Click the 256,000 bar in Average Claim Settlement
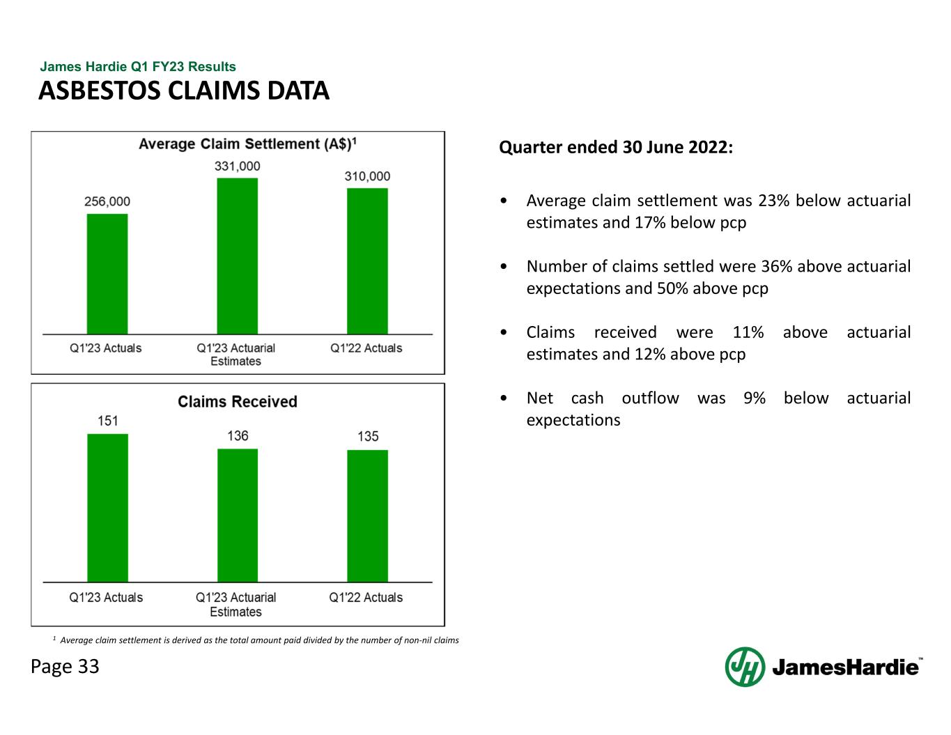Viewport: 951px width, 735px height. [x=107, y=274]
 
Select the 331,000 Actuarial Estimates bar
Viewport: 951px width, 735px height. [x=237, y=256]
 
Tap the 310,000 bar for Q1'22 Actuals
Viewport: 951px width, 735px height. [x=367, y=261]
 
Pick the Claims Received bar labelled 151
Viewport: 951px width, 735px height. [x=107, y=508]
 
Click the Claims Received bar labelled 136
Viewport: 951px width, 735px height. [x=237, y=516]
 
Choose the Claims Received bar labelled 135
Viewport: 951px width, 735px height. [x=367, y=516]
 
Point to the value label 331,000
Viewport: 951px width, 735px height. [x=237, y=167]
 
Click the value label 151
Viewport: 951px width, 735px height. [x=107, y=421]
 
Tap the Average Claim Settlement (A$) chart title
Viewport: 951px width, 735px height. [x=247, y=144]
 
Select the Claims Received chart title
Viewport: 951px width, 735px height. [x=237, y=401]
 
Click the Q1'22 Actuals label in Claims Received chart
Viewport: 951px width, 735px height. [x=366, y=598]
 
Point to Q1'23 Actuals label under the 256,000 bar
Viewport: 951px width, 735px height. [x=106, y=348]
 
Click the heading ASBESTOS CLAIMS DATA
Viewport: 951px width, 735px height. [x=184, y=91]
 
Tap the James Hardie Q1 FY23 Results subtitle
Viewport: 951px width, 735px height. [x=138, y=67]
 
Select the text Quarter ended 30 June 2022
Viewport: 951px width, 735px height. [x=616, y=148]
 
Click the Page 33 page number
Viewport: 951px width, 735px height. [x=65, y=667]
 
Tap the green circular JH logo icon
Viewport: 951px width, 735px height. [x=745, y=667]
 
